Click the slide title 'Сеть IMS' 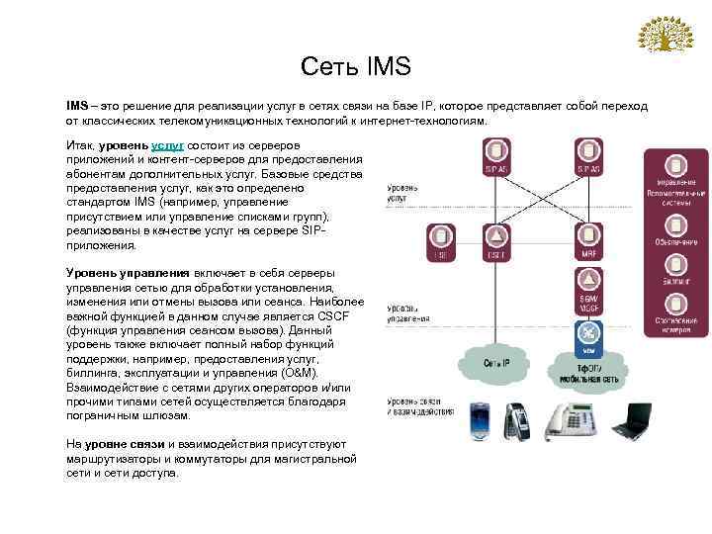(355, 66)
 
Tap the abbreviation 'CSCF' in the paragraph (344, 315)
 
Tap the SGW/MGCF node (587, 302)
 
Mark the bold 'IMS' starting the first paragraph (77, 105)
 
